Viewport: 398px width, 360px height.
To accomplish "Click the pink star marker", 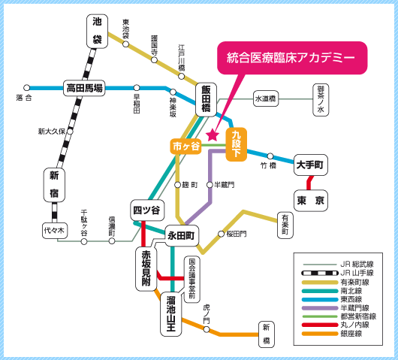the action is (213, 135).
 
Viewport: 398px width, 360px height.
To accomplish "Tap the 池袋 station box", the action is (97, 31).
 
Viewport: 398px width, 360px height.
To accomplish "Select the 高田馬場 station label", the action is (84, 88).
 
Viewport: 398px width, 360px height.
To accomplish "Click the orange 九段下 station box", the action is (237, 144).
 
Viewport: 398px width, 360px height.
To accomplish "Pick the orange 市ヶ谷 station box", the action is (185, 147).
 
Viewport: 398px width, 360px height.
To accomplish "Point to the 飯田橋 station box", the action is (206, 99).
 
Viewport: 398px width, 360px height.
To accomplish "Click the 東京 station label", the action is (311, 201).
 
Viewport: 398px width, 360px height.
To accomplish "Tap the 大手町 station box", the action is (311, 165).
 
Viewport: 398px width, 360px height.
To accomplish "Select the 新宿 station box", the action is (54, 185).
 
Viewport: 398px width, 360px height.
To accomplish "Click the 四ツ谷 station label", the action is (147, 210).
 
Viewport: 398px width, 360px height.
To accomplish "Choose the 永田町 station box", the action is (181, 235).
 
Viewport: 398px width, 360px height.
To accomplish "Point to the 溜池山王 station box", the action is (171, 314).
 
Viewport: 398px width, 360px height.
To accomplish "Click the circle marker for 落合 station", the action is (26, 88).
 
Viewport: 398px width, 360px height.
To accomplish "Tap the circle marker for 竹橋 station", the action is (270, 156).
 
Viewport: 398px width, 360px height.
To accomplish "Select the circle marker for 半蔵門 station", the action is (210, 185).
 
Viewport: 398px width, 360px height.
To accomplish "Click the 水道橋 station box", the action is (266, 98).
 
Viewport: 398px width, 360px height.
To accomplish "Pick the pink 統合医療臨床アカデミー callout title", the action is (291, 58).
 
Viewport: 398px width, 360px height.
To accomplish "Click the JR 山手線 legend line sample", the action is (320, 273).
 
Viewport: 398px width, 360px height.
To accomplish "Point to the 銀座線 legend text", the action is (351, 334).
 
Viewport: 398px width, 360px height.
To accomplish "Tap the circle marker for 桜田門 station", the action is (222, 234).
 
